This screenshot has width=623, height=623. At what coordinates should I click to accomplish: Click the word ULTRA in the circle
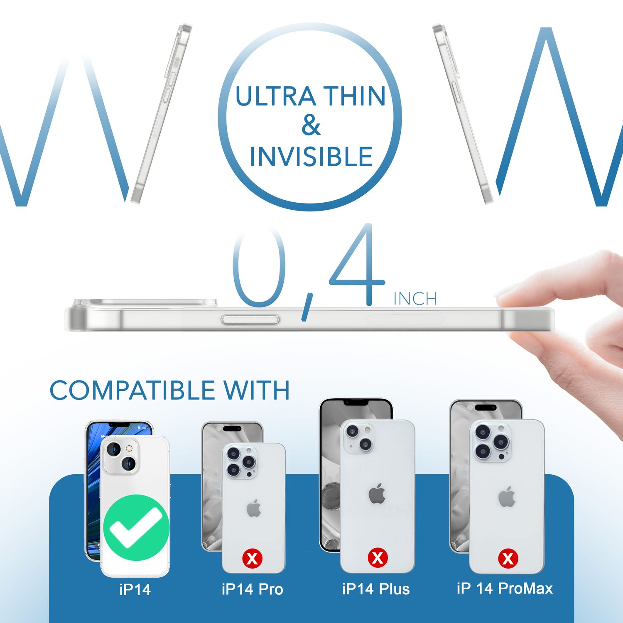click(276, 96)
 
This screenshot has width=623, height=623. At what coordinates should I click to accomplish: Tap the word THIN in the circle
click(354, 96)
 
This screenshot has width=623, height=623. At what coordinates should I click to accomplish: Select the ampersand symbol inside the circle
click(311, 126)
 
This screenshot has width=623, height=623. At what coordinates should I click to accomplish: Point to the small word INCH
click(415, 299)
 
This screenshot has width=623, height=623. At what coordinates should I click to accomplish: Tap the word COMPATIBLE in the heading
click(132, 390)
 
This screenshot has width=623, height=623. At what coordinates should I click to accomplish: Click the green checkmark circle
click(136, 527)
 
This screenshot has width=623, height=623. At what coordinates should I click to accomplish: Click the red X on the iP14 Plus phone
click(377, 557)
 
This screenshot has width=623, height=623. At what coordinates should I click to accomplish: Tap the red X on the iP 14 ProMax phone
click(508, 558)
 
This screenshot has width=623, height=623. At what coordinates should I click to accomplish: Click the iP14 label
click(135, 589)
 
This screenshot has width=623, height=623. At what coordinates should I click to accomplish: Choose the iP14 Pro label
click(252, 589)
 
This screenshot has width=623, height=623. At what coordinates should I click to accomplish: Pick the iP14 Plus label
click(375, 589)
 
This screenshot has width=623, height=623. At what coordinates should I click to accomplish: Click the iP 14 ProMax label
click(504, 589)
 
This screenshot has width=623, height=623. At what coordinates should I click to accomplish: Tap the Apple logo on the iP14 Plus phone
click(377, 494)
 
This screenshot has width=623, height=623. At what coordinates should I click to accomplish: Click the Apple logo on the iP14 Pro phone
click(254, 508)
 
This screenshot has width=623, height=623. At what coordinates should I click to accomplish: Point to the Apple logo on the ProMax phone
click(507, 497)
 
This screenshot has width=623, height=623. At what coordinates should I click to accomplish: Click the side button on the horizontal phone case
click(250, 319)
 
